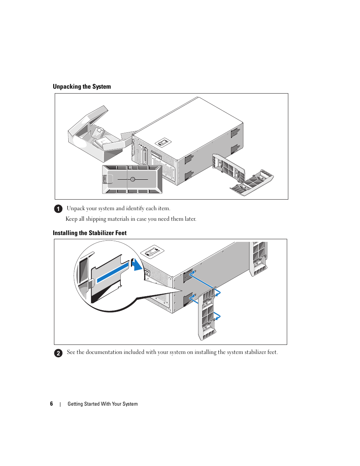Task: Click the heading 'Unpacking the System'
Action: (x=82, y=86)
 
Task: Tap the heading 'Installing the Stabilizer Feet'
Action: (x=90, y=233)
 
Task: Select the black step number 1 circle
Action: (x=58, y=209)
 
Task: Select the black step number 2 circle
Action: (x=58, y=353)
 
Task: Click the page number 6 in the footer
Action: (x=51, y=404)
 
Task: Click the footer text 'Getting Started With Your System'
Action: (x=103, y=404)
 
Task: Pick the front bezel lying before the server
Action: (x=132, y=179)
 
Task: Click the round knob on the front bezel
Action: (x=133, y=179)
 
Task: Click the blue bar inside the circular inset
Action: (x=112, y=272)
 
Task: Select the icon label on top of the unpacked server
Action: (x=163, y=142)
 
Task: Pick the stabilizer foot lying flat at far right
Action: (x=252, y=183)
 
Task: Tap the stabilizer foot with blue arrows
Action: (x=207, y=314)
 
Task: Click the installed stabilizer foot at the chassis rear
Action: (x=258, y=259)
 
